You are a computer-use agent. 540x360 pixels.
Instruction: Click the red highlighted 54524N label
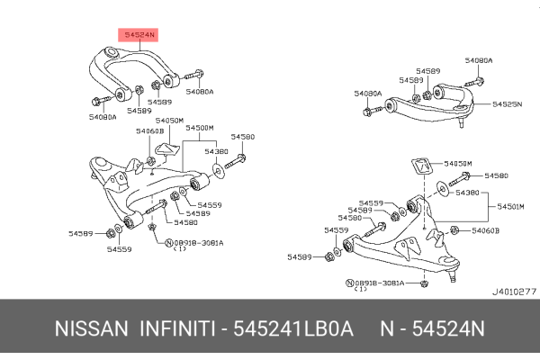point(139,35)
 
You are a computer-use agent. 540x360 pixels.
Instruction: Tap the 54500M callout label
point(199,128)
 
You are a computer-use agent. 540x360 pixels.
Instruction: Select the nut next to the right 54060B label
point(454,231)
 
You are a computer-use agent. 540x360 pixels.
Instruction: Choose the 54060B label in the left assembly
point(149,131)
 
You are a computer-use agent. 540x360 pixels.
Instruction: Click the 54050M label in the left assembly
point(169,120)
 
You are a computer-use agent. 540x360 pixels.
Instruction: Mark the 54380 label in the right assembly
point(467,193)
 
